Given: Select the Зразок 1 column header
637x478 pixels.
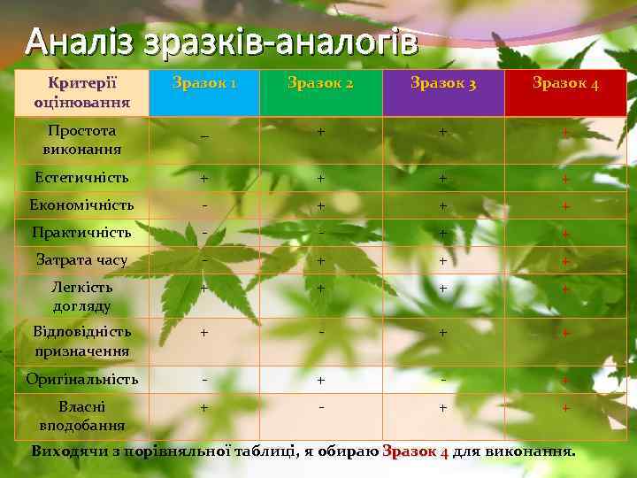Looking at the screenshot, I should tap(204, 84).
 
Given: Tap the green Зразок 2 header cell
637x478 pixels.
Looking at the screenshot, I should tap(320, 84).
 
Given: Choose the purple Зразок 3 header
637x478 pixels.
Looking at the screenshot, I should tap(443, 84).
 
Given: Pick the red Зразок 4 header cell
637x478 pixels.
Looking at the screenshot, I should tap(565, 84).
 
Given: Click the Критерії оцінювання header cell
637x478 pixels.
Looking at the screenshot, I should tap(82, 92).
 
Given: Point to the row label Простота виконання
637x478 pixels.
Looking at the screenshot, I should tap(82, 139).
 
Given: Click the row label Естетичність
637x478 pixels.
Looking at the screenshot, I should tap(82, 178).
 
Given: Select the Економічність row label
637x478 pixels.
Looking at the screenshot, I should tap(82, 205).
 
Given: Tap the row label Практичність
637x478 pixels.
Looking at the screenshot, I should tap(82, 233).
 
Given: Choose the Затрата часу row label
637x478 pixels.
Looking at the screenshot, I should tap(82, 260).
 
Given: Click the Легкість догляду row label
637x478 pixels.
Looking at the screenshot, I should tap(82, 296).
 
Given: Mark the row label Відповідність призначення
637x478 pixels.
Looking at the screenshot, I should tap(82, 341).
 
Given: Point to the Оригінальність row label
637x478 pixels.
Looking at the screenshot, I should tap(82, 379).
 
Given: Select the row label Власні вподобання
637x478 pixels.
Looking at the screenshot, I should tap(82, 414).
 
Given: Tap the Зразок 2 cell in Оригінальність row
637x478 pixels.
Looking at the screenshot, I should tap(320, 380).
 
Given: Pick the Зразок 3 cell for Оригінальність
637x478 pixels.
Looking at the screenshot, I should tap(443, 378).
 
